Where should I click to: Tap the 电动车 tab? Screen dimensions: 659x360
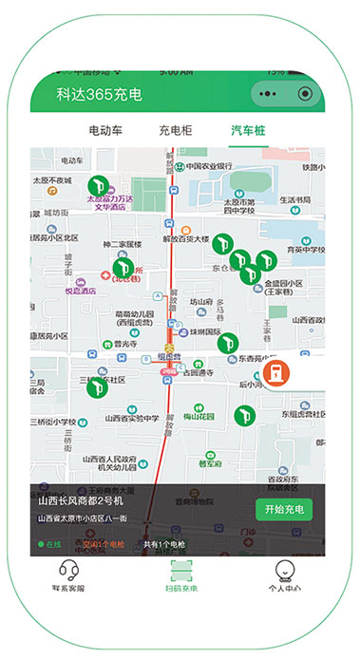(x=106, y=130)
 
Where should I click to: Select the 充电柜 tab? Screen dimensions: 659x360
(x=177, y=130)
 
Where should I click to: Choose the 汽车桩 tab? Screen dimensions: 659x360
(x=248, y=130)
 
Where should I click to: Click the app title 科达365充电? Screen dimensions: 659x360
(x=99, y=95)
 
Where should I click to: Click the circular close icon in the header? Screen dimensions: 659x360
(x=305, y=95)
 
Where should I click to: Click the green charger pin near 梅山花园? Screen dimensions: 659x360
(x=243, y=414)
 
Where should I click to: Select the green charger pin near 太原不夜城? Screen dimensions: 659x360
(x=96, y=186)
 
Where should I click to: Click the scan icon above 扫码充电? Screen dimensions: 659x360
(x=180, y=570)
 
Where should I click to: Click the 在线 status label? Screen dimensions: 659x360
(x=49, y=544)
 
